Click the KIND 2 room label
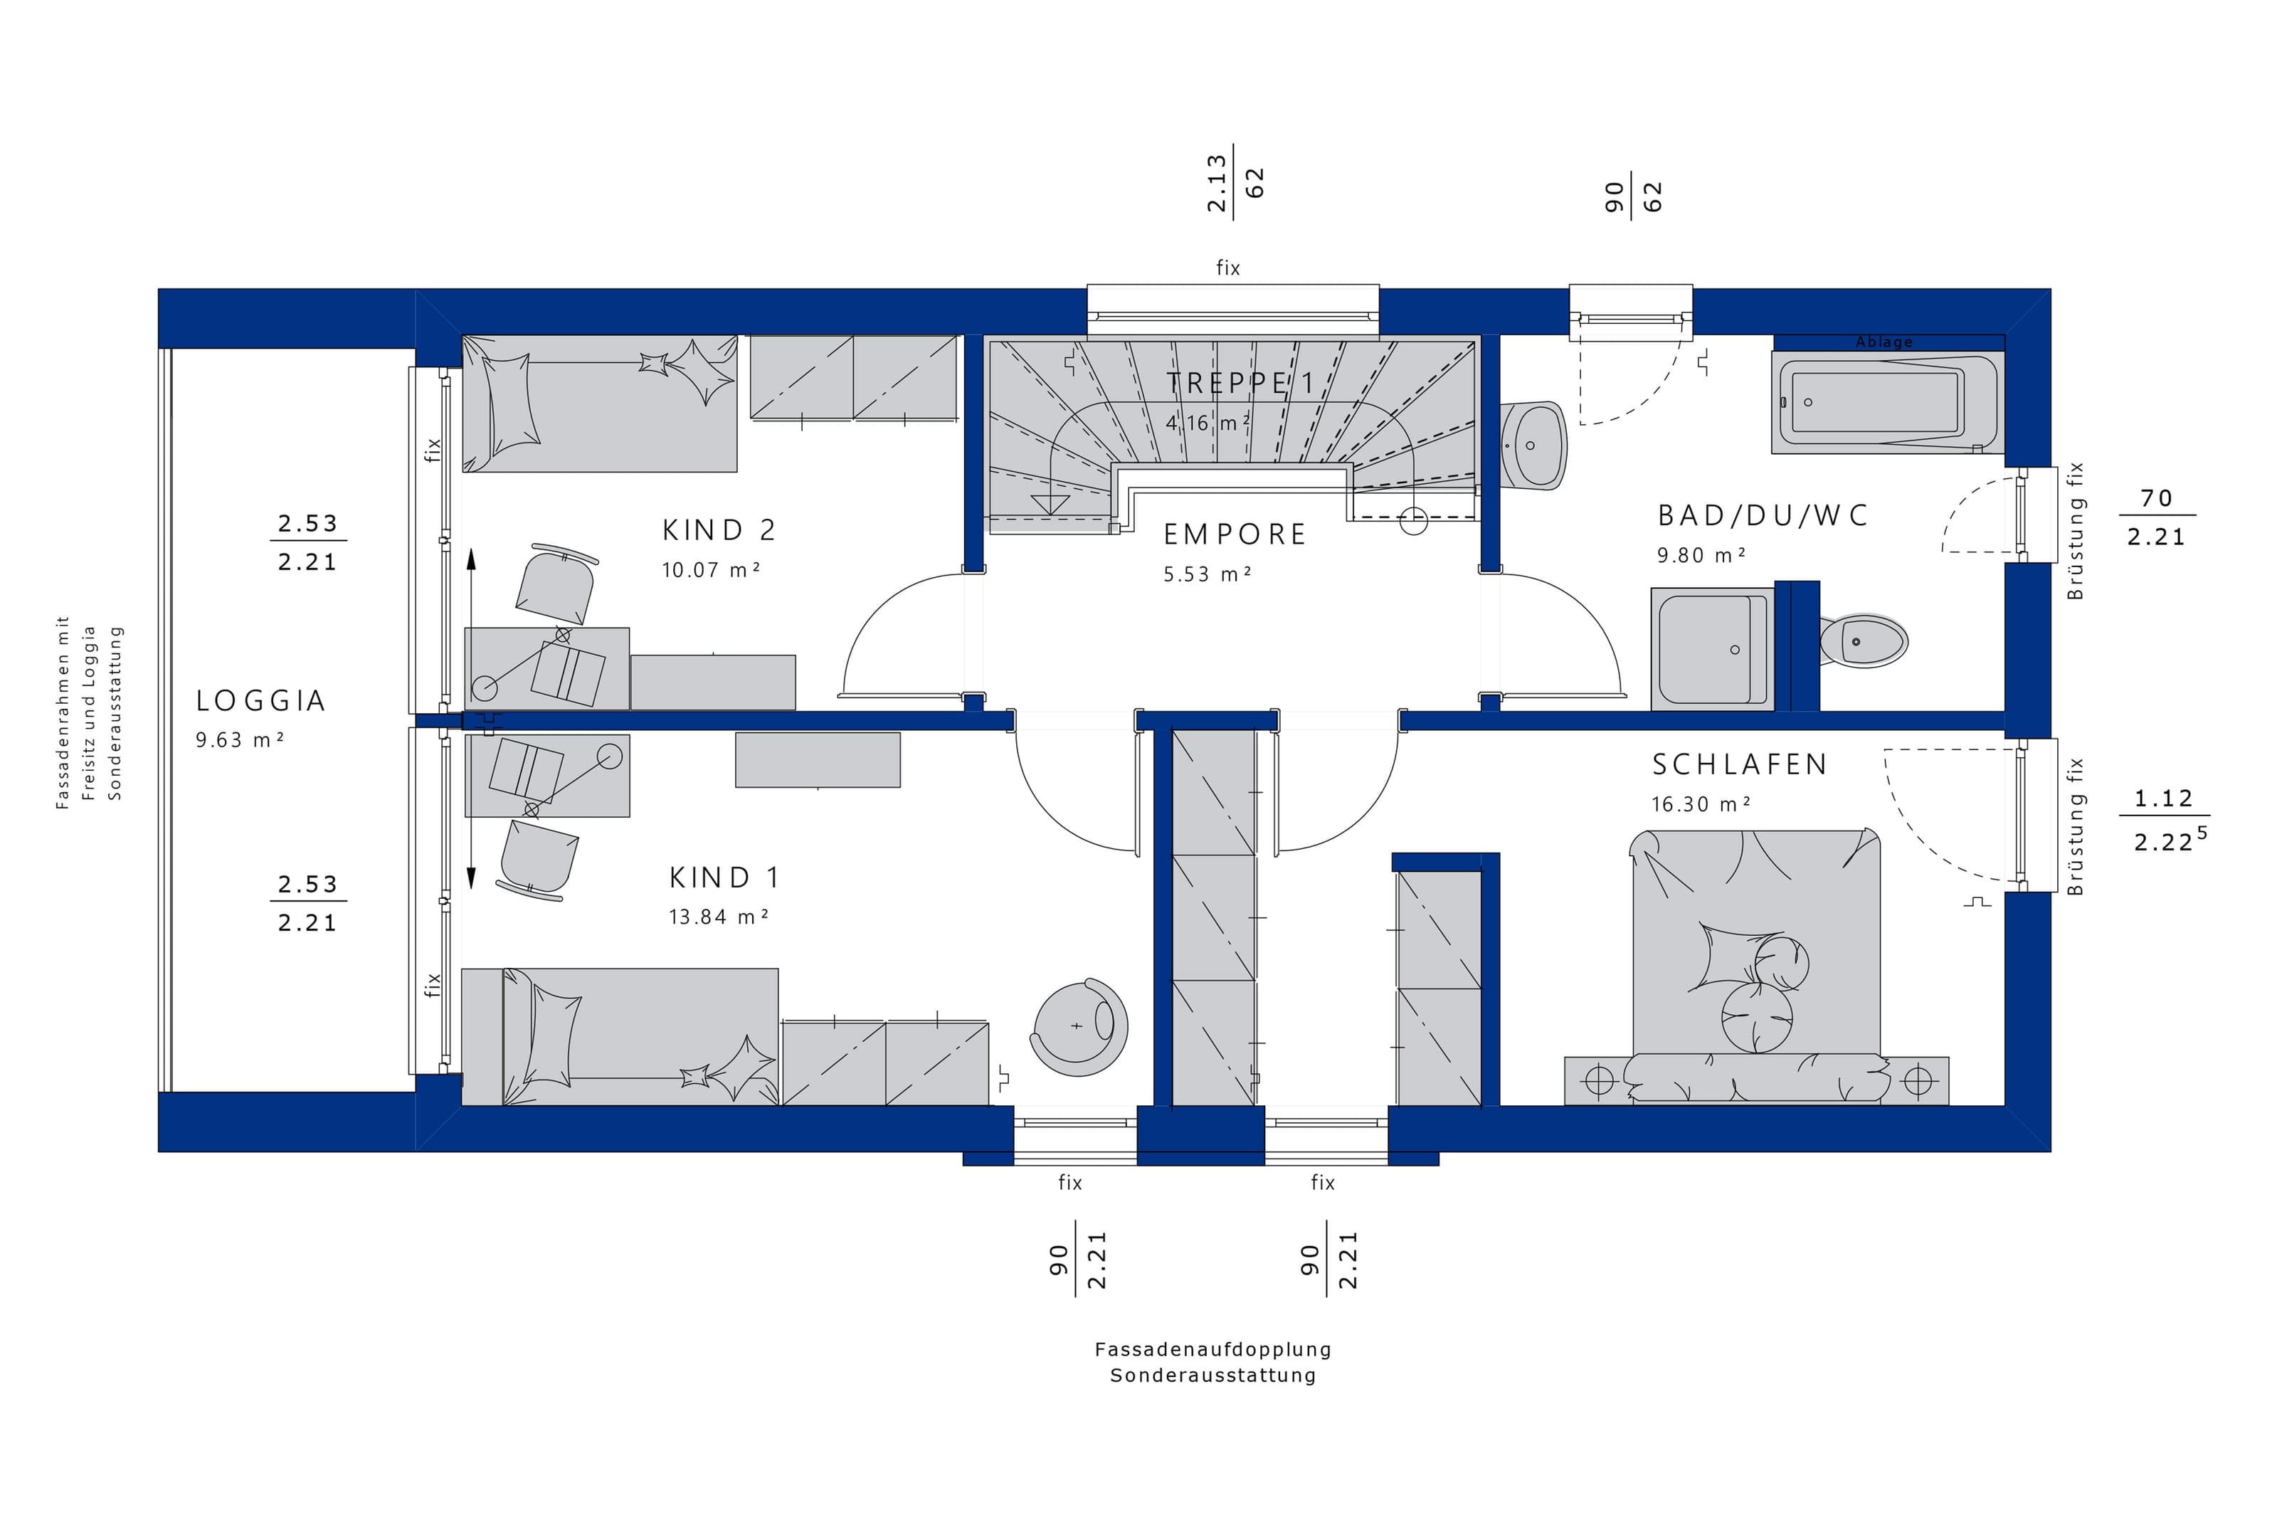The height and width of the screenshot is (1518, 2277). coord(718,529)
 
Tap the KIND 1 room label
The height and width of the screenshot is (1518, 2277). coord(724,877)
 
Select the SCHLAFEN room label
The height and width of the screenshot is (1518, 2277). coord(1739,765)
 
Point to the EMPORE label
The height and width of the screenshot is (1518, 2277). coord(1234,534)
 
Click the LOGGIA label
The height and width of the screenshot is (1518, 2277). coord(260,700)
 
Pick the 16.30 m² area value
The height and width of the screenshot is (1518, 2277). coord(1700,804)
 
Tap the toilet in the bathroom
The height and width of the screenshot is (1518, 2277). coord(1863,640)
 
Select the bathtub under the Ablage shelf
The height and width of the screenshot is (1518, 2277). coord(1887,402)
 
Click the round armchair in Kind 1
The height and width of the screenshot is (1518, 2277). coord(1079,1027)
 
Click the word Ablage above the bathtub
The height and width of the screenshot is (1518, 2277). coord(1883,342)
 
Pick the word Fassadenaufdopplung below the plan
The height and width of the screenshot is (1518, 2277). coord(1213,1349)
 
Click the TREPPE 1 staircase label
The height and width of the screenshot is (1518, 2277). coord(1240,384)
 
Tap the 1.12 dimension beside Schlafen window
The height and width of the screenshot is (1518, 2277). coord(2163,798)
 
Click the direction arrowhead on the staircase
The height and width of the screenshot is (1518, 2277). coord(1050,503)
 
